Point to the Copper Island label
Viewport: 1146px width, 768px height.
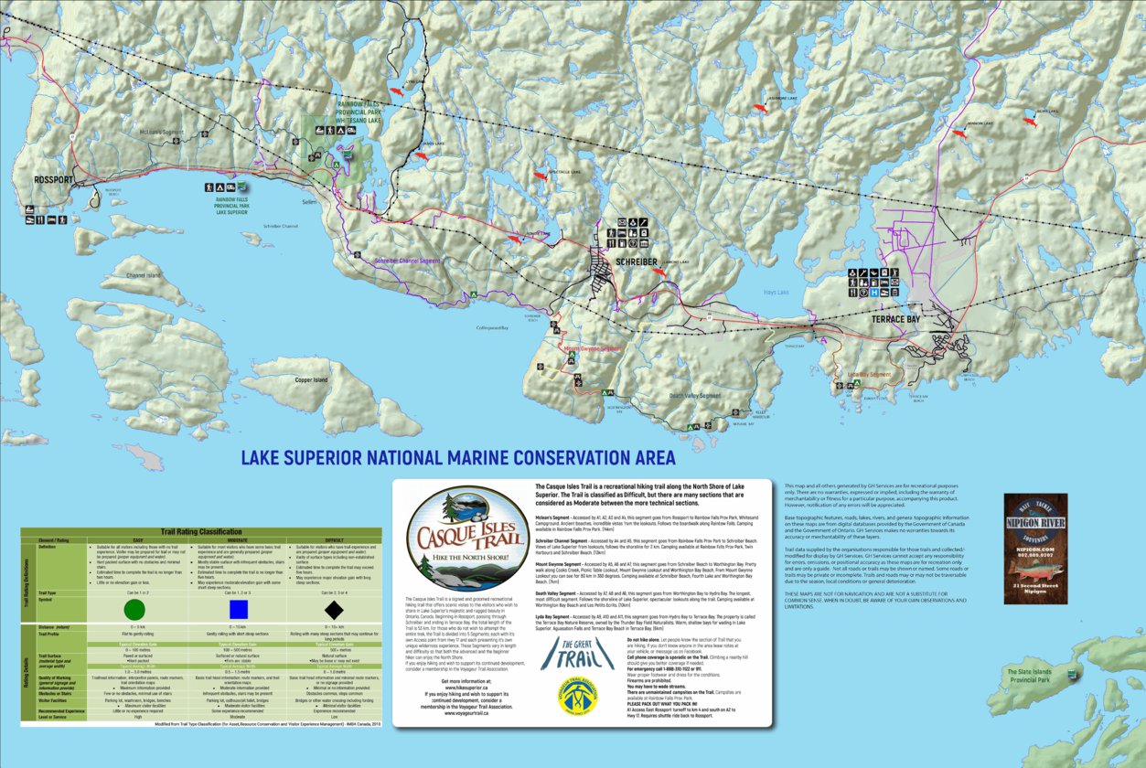point(311,379)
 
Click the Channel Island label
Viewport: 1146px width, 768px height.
point(144,274)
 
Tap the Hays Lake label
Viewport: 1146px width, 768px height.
point(776,293)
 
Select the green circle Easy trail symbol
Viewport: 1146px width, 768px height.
point(134,609)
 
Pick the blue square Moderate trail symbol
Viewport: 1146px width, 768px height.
point(240,609)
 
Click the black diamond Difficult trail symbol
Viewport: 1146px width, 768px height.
point(334,609)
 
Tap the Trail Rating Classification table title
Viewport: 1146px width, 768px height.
point(201,531)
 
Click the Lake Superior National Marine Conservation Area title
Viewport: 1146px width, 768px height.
point(457,457)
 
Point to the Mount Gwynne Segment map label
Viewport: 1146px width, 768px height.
point(591,347)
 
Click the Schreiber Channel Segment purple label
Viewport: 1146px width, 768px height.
point(407,261)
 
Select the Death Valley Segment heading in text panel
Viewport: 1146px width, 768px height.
point(561,592)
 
